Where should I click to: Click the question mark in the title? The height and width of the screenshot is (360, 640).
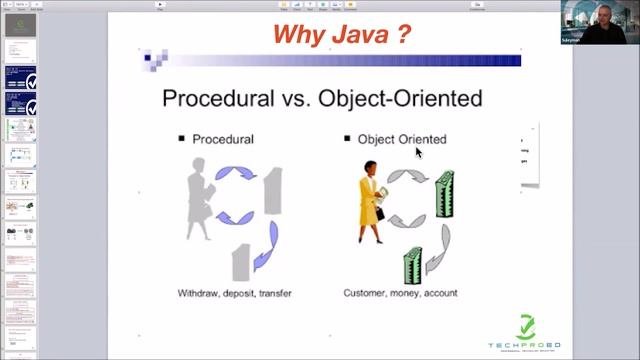point(401,35)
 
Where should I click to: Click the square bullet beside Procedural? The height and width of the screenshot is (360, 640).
point(182,139)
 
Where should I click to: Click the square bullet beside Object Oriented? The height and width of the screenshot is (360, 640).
point(347,139)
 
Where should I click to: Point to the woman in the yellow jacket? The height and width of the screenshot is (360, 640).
point(372,201)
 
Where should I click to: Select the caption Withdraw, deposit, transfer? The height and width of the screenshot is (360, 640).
point(234,293)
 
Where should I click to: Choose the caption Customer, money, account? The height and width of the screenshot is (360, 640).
point(400,293)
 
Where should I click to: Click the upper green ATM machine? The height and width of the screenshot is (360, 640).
point(444,194)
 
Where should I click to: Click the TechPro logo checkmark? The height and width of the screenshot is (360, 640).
point(526,326)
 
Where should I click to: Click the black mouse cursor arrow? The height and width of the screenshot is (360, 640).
point(419,152)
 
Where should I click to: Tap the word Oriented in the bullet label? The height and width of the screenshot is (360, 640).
point(422,139)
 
